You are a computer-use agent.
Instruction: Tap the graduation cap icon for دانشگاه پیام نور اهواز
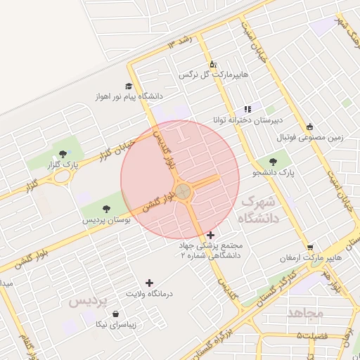tap(129, 86)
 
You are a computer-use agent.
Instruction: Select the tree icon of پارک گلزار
tap(63, 153)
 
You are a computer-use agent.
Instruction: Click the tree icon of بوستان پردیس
tap(106, 209)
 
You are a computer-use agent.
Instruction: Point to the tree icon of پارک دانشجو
tap(273, 162)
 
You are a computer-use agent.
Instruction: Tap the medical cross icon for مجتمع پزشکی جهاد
tap(211, 235)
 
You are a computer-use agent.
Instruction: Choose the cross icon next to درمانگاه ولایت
tap(148, 282)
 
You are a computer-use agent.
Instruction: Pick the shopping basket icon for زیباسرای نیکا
tap(115, 315)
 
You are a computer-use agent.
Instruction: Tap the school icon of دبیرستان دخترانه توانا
tap(247, 109)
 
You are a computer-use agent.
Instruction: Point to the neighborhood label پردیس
tap(89, 302)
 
